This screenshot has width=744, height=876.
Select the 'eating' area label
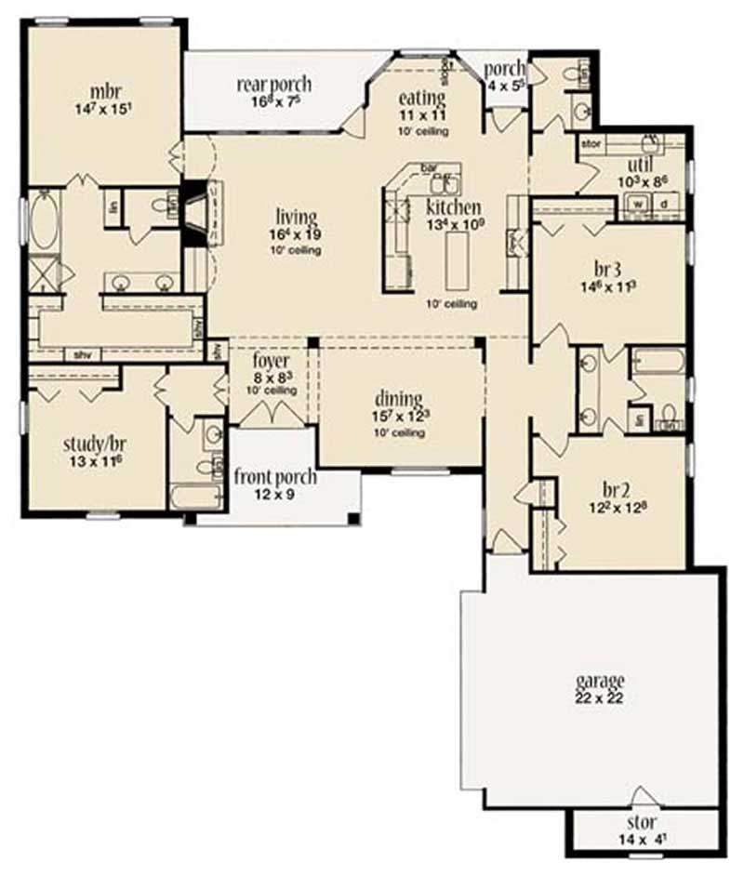pyautogui.click(x=422, y=99)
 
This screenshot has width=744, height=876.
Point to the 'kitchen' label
pyautogui.click(x=454, y=207)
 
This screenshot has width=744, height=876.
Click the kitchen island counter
pyautogui.click(x=458, y=261)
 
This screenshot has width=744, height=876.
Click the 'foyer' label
pyautogui.click(x=272, y=361)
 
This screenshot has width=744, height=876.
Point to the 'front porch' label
pyautogui.click(x=275, y=478)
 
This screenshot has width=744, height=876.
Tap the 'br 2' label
pyautogui.click(x=606, y=488)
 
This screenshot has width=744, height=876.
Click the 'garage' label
pyautogui.click(x=599, y=680)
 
